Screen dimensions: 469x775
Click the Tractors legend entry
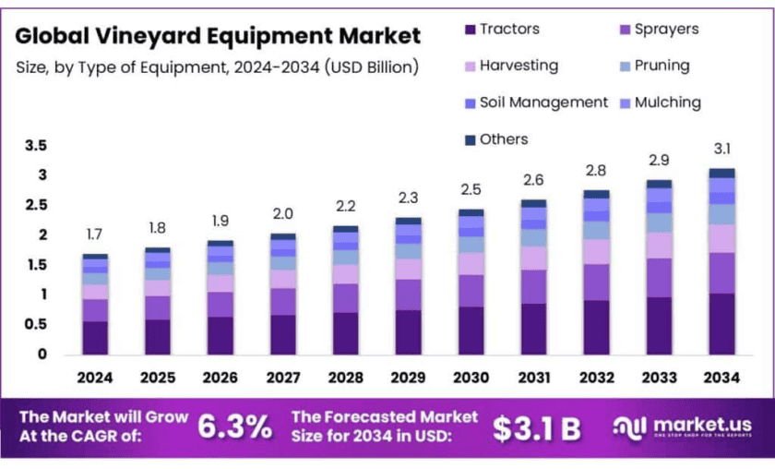(x=508, y=30)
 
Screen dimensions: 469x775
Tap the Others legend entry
(x=504, y=139)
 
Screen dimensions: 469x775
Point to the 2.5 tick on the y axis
(x=35, y=205)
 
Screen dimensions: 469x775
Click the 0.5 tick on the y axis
(x=35, y=324)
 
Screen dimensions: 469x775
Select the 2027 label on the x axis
(x=283, y=378)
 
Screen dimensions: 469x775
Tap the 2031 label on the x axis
(x=533, y=378)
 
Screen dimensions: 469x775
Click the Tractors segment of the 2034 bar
(x=721, y=324)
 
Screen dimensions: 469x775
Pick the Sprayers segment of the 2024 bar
(x=95, y=310)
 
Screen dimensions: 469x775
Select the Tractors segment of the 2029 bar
(x=408, y=332)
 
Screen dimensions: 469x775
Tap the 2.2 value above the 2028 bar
(x=345, y=206)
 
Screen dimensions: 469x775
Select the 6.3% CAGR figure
(x=235, y=427)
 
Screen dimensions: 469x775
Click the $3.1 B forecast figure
(x=536, y=427)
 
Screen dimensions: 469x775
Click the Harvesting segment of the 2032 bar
(x=596, y=252)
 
